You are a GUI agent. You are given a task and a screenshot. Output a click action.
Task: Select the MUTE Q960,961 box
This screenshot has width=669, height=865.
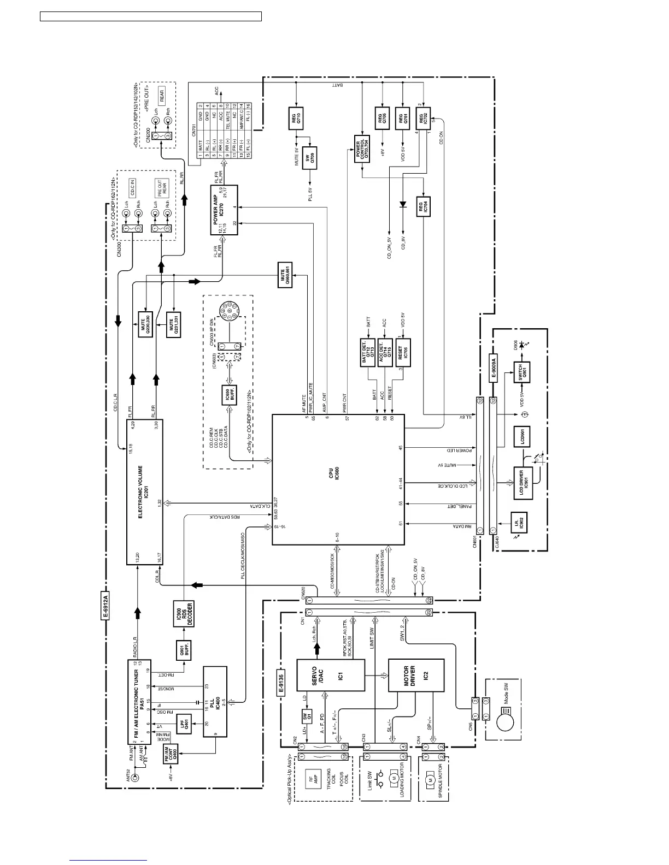coord(286,274)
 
